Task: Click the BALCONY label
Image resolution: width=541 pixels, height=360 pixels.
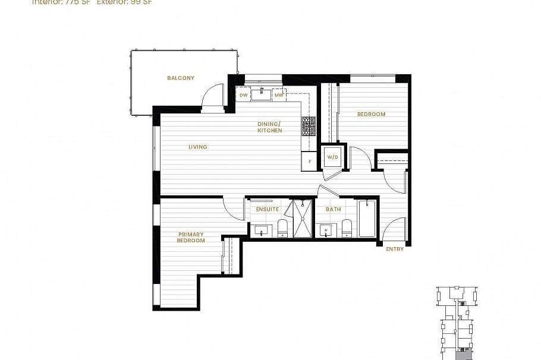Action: point(180,78)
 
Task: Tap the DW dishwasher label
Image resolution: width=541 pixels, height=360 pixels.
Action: point(244,95)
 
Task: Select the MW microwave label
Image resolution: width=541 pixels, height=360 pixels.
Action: point(278,95)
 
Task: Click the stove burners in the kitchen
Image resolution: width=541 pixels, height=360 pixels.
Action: point(309,127)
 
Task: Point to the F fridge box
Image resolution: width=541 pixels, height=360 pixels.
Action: point(310,161)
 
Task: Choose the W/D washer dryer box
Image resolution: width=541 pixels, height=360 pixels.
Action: point(332,157)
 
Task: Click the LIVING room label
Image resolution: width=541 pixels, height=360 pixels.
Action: point(198,147)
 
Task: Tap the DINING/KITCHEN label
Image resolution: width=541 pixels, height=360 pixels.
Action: point(270,127)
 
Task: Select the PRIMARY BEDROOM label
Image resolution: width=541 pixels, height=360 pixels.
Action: point(191,238)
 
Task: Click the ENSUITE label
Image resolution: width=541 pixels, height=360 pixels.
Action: point(268,210)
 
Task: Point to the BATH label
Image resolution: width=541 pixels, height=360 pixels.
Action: point(333,210)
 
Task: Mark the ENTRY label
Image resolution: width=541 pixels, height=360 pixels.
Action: point(395,249)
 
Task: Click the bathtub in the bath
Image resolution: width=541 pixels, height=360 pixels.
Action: point(367,220)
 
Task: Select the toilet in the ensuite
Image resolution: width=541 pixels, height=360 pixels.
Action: point(283,229)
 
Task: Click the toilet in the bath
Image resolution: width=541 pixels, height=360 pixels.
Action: point(347,229)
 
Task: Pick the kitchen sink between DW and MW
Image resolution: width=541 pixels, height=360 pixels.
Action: point(261,94)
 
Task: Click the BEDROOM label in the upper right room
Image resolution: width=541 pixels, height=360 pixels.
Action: point(371,114)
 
